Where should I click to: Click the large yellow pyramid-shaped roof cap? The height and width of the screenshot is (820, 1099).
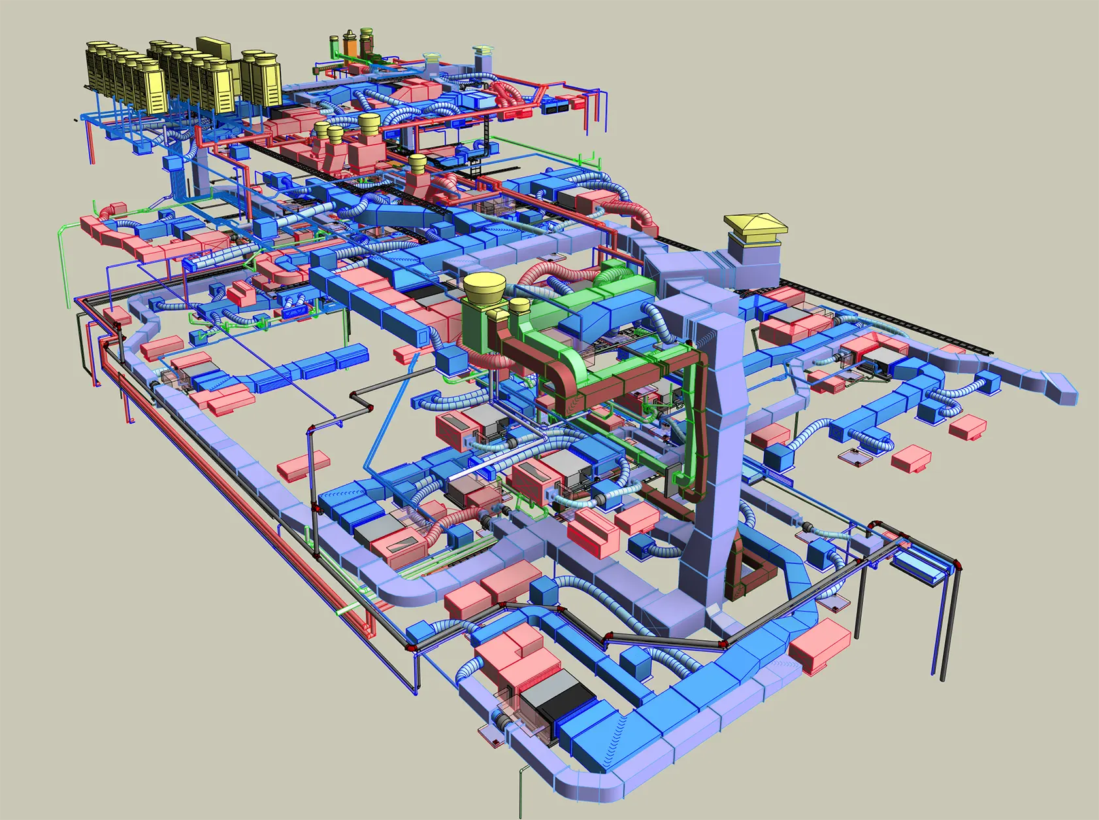[x=755, y=224]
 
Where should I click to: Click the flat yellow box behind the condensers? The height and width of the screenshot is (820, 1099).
[x=214, y=47]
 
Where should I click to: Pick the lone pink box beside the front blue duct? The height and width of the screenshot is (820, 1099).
[x=819, y=647]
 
